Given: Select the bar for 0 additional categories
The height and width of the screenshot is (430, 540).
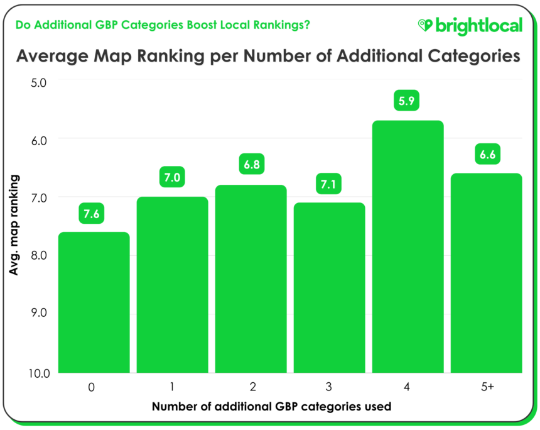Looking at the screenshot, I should (94, 302).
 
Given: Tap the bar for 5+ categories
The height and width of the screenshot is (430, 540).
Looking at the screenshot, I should (486, 273).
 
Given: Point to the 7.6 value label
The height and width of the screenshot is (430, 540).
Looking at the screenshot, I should (92, 214).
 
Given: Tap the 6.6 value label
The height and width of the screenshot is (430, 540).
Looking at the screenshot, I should (486, 155).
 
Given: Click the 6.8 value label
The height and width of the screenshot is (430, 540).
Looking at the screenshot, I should (251, 166).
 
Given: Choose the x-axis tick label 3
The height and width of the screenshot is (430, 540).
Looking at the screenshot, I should (329, 388).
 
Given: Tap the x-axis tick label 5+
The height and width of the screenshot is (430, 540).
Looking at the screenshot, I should (486, 388).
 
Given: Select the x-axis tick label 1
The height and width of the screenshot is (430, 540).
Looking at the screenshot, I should (172, 388).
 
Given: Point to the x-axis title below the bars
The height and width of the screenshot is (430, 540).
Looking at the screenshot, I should (271, 406).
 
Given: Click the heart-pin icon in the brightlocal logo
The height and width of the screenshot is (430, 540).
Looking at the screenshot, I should (425, 25).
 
